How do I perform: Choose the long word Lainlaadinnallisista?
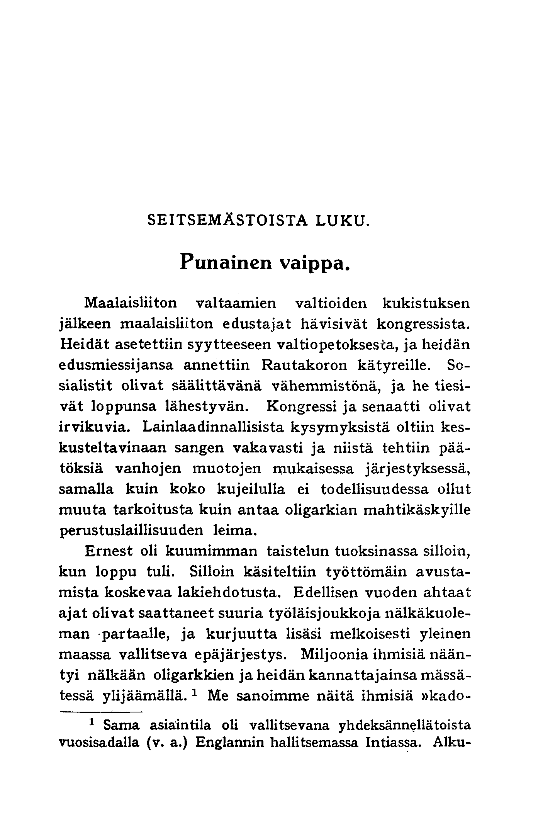tap(213, 427)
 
